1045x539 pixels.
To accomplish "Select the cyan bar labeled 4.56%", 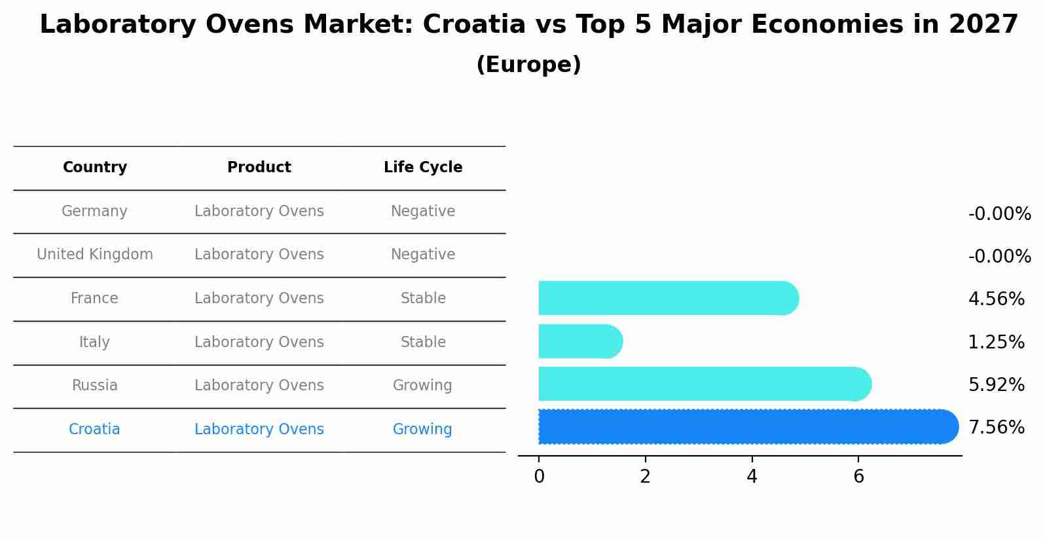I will pyautogui.click(x=668, y=298).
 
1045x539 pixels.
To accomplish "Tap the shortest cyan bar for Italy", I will pyautogui.click(x=579, y=341).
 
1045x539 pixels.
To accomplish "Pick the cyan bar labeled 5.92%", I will pyautogui.click(x=704, y=384).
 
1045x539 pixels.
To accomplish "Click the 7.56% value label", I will pyautogui.click(x=996, y=428).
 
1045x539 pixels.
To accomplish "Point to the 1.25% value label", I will pyautogui.click(x=996, y=342).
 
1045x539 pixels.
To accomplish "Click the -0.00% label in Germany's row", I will pyautogui.click(x=999, y=214).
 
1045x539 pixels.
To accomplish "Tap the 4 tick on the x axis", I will pyautogui.click(x=752, y=477).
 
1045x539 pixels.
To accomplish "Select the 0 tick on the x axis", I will pyautogui.click(x=539, y=477).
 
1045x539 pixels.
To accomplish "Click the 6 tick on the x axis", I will pyautogui.click(x=858, y=477).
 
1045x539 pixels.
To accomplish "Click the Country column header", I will pyautogui.click(x=95, y=168).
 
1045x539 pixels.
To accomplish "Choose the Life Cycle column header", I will pyautogui.click(x=423, y=168).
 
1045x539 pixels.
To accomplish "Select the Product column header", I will pyautogui.click(x=259, y=168).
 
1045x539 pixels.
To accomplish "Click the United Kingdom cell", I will pyautogui.click(x=95, y=255).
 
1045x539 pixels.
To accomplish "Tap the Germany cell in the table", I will pyautogui.click(x=94, y=212).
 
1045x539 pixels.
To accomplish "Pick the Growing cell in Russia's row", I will pyautogui.click(x=422, y=386).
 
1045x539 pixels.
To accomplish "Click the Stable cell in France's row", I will pyautogui.click(x=423, y=299).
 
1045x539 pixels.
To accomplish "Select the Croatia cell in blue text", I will pyautogui.click(x=94, y=430).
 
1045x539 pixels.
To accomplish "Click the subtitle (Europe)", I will pyautogui.click(x=528, y=65).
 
